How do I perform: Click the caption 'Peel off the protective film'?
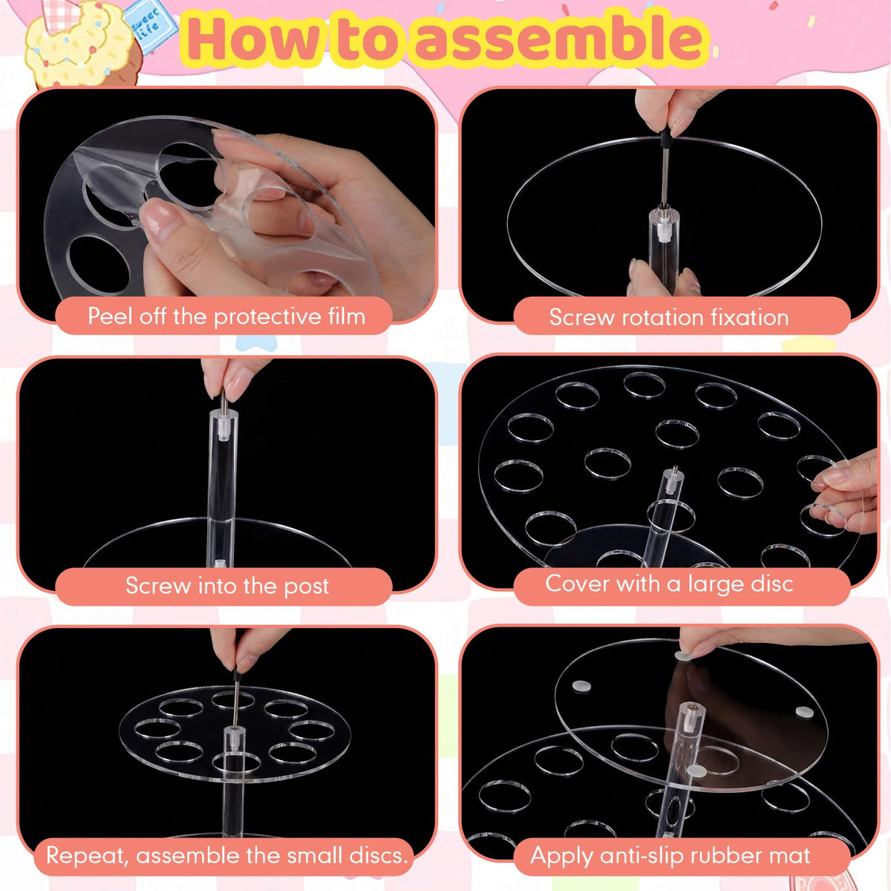coord(226,317)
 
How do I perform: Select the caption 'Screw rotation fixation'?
coord(669,318)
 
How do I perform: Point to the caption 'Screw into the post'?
coord(227,587)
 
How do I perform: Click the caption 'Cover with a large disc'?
coord(669,584)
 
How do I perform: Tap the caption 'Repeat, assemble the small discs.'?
coord(227,855)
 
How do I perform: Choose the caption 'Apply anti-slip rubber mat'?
coord(670,856)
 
